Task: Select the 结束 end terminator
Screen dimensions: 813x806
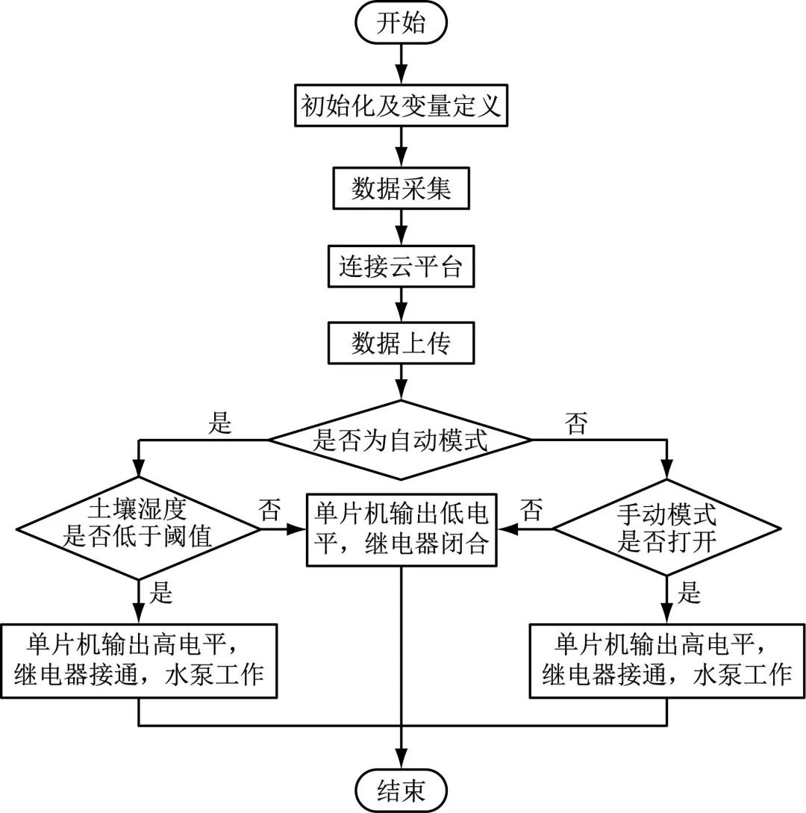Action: click(x=402, y=790)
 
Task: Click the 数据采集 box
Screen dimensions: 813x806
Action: click(x=402, y=189)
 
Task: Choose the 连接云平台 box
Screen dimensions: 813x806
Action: click(x=402, y=266)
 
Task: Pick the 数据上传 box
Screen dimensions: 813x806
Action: click(x=402, y=343)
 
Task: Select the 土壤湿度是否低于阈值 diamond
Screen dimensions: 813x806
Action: click(x=139, y=529)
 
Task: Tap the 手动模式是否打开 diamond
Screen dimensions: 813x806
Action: click(x=666, y=529)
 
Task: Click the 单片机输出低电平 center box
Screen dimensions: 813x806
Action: click(x=402, y=529)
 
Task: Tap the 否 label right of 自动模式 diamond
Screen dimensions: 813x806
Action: click(x=576, y=424)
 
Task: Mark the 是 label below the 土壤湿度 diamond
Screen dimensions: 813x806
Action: click(x=162, y=594)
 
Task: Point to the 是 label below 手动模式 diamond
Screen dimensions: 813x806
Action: click(x=690, y=594)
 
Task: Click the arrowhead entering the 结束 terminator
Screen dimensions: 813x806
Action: click(x=402, y=761)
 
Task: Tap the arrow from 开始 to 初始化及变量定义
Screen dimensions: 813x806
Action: click(x=402, y=66)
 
